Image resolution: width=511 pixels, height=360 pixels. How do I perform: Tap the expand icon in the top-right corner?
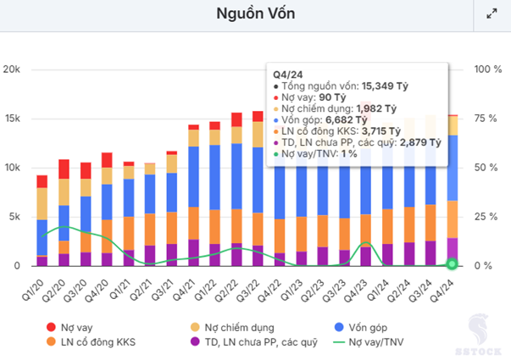[x=492, y=14]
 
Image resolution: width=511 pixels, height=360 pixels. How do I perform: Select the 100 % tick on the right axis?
[x=486, y=69]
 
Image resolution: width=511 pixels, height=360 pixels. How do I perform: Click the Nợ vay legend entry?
[x=75, y=327]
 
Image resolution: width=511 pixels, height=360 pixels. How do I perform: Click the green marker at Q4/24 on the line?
[x=452, y=264]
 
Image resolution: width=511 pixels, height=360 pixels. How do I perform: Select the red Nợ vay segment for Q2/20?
[x=64, y=169]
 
